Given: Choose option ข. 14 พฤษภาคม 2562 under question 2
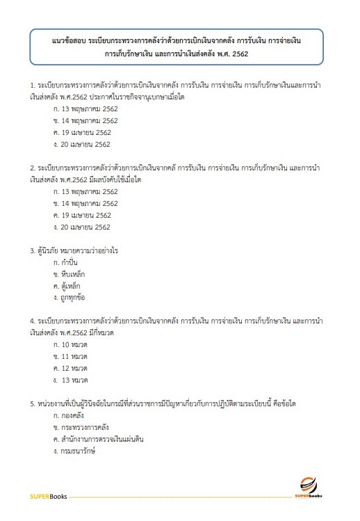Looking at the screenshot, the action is (84, 202).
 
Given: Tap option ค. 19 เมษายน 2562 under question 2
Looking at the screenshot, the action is (82, 215).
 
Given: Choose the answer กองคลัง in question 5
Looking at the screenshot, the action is (75, 415).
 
